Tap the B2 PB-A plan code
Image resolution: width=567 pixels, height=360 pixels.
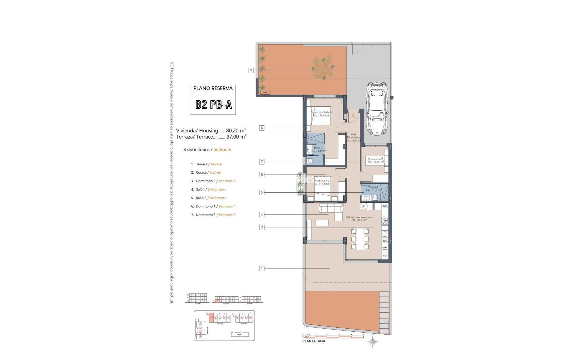pos(213,105)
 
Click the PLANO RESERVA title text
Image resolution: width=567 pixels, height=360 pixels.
pos(213,88)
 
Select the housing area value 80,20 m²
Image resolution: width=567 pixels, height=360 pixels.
pos(236,130)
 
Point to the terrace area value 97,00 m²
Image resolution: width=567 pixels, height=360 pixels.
pos(236,137)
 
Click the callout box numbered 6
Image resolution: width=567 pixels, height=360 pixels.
pos(262,128)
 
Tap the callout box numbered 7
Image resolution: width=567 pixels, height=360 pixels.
pos(262,162)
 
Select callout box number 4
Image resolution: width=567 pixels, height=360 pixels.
pos(262,215)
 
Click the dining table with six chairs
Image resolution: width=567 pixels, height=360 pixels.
pos(360,239)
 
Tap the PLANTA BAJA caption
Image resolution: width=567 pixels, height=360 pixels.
pos(314,341)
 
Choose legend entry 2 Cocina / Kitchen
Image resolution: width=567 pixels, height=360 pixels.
pos(206,172)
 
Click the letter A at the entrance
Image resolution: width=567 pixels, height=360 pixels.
pos(353,116)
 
